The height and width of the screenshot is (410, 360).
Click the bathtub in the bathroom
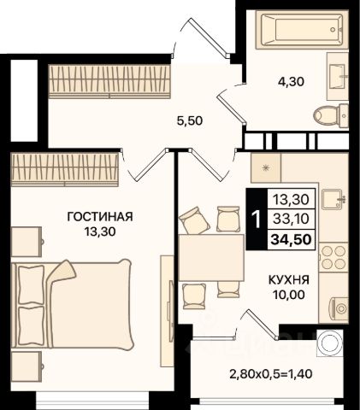tap(302, 29)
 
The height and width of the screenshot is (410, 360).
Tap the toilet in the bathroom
tap(331, 116)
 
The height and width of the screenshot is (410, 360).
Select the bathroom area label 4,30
tap(291, 82)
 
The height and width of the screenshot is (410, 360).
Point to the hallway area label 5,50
tap(190, 121)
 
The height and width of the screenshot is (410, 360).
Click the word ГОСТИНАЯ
tap(100, 217)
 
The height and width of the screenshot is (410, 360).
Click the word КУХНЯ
tap(289, 280)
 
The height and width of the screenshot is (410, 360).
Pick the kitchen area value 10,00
tap(289, 295)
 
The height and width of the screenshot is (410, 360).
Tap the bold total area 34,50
tap(291, 239)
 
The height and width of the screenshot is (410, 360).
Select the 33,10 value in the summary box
tap(291, 219)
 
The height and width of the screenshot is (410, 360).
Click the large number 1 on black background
tap(257, 220)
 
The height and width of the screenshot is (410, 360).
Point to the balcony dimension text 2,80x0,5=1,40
tap(271, 373)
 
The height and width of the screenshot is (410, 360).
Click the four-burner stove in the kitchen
tap(333, 257)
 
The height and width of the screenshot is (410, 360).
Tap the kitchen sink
tap(333, 199)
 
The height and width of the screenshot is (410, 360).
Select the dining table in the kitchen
tap(211, 257)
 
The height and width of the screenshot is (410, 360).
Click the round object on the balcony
tap(330, 343)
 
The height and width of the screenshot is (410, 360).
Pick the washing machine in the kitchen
tap(333, 308)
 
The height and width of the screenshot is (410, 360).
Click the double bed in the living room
tap(72, 304)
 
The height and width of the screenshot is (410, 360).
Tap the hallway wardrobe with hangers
tap(109, 81)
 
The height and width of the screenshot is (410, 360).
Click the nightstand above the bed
tap(27, 242)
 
